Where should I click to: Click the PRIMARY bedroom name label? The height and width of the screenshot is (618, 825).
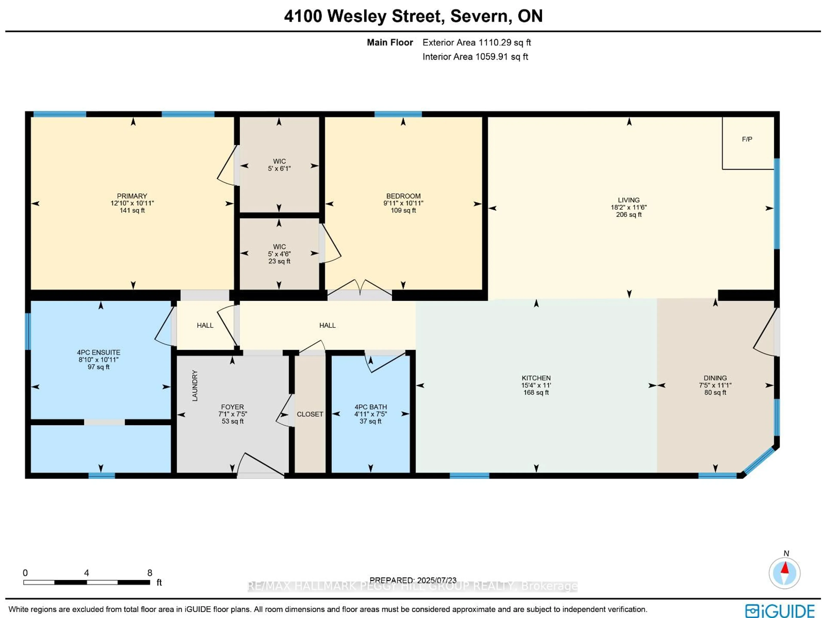click(132, 196)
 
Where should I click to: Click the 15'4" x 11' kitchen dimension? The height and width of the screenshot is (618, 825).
click(536, 385)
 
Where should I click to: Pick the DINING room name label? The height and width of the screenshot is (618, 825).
click(715, 378)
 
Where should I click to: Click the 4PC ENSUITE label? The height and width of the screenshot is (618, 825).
click(98, 352)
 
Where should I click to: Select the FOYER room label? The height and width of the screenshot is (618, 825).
click(232, 407)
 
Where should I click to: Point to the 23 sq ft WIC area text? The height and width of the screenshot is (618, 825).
click(279, 261)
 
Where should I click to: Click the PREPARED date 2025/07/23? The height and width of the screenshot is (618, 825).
click(436, 580)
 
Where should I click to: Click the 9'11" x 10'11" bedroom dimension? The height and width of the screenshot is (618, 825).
click(403, 203)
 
